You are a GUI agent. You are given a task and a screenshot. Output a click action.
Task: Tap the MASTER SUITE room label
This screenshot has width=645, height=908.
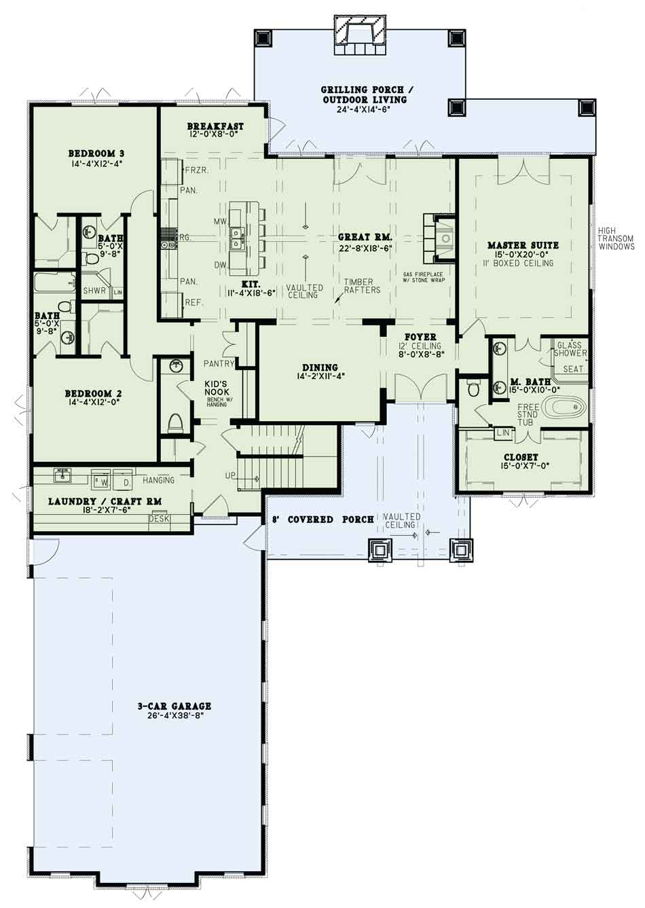coord(523,245)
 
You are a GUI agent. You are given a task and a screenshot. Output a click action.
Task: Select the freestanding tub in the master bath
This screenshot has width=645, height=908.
coord(566,407)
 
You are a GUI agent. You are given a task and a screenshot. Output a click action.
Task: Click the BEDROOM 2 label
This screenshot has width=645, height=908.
coord(93,393)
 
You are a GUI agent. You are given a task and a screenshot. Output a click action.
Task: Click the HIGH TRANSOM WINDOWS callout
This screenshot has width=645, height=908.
coord(616,238)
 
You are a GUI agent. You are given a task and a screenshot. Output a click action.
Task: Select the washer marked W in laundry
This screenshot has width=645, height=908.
coord(105,482)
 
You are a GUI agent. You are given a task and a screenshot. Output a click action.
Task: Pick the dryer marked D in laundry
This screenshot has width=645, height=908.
coord(126,482)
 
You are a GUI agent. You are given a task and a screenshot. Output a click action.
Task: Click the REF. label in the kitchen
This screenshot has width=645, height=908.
coord(194,302)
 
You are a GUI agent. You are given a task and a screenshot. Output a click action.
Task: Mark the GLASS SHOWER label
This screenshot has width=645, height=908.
coord(570,349)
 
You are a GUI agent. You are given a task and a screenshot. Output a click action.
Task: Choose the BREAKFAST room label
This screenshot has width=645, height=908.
coord(215,126)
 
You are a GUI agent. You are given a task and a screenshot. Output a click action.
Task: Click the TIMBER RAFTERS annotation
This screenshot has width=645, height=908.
coord(361,286)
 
